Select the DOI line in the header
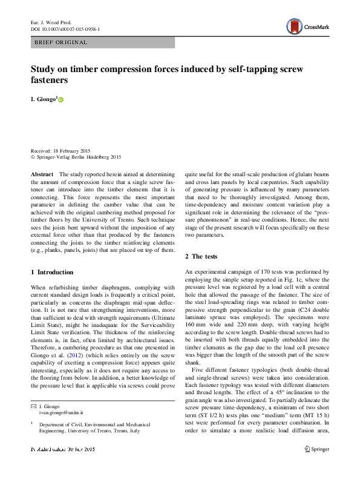click(x=65, y=28)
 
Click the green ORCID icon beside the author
click(x=61, y=99)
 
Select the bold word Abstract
click(x=43, y=174)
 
